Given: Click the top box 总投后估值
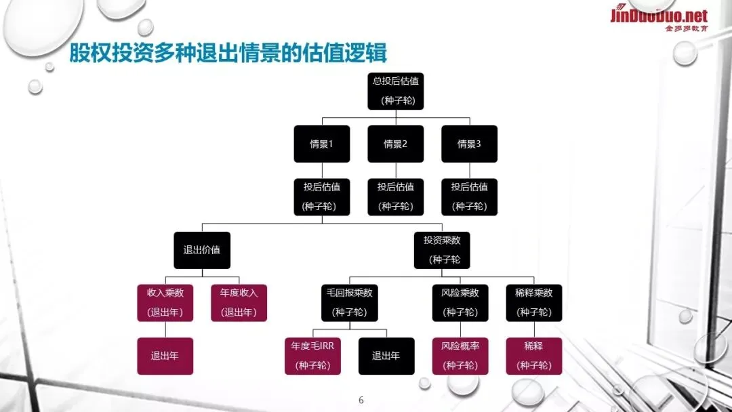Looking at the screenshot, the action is (396, 91).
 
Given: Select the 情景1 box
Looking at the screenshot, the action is (321, 144).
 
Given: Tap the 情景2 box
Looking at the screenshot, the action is (395, 144).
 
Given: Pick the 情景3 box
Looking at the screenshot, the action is (469, 144).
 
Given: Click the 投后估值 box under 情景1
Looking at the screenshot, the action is (321, 197).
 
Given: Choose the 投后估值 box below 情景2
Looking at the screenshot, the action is (395, 197).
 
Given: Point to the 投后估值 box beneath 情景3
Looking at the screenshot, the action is (469, 197).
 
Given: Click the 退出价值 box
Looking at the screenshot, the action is (202, 249).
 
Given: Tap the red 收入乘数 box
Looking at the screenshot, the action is (165, 302).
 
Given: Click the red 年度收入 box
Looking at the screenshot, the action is (239, 302).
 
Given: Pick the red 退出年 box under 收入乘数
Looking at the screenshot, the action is (165, 356).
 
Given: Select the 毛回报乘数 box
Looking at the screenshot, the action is (350, 302).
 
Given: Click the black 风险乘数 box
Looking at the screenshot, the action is (460, 302).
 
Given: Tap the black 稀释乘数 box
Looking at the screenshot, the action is (534, 302).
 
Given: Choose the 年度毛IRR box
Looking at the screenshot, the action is (312, 356).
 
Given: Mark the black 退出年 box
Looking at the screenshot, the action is (386, 356).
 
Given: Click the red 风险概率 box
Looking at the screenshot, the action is (460, 356).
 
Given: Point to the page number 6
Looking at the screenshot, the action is (361, 400).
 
